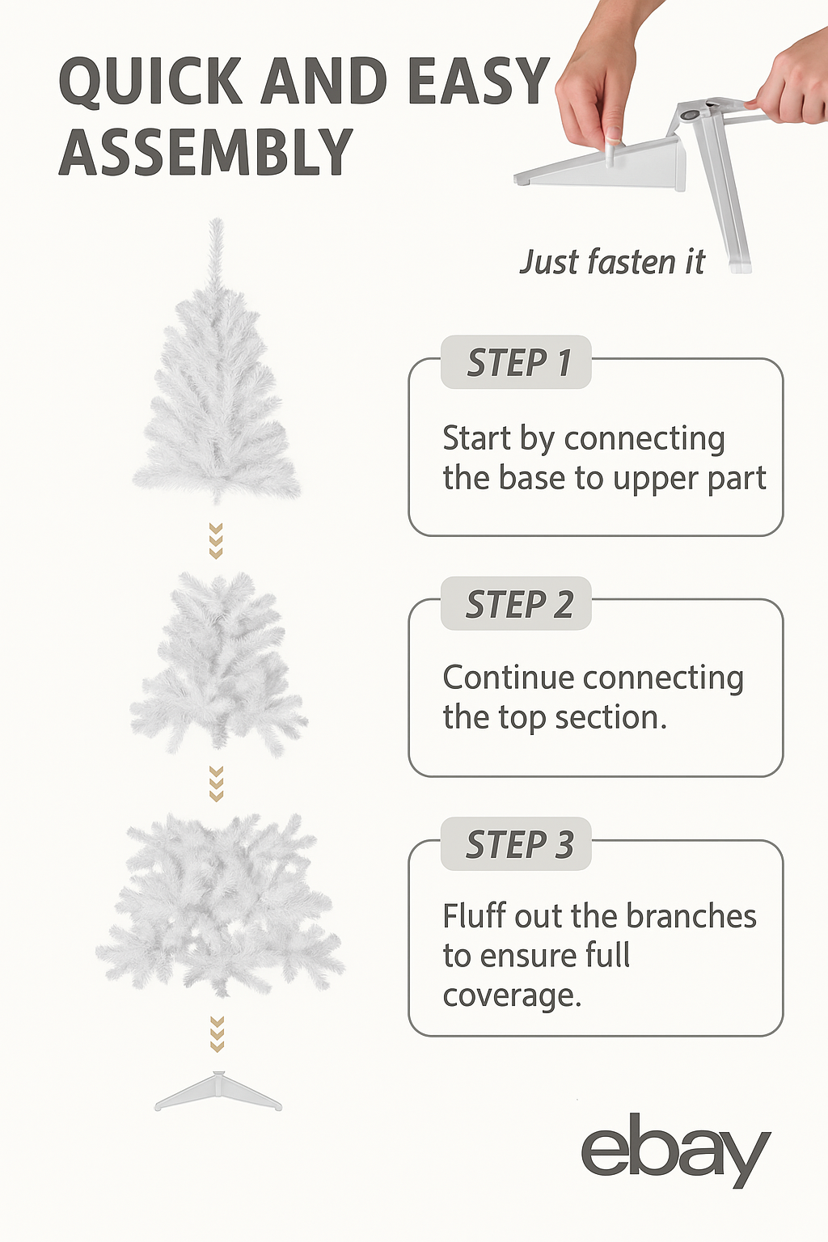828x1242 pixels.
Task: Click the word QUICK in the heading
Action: [x=151, y=81]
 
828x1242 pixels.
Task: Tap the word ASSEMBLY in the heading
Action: [x=205, y=151]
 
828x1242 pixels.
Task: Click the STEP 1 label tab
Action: [x=516, y=362]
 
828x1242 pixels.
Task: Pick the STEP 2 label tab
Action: [x=516, y=603]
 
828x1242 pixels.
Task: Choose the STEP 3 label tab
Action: [x=516, y=844]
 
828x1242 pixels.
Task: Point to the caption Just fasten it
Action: [x=612, y=262]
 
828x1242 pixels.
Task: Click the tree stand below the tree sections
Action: [x=218, y=1091]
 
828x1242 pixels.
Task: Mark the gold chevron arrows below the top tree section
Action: [x=216, y=541]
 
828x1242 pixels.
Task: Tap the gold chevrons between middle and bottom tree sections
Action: [x=216, y=784]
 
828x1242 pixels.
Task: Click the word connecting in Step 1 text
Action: [x=644, y=439]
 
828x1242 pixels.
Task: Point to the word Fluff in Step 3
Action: [x=475, y=915]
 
